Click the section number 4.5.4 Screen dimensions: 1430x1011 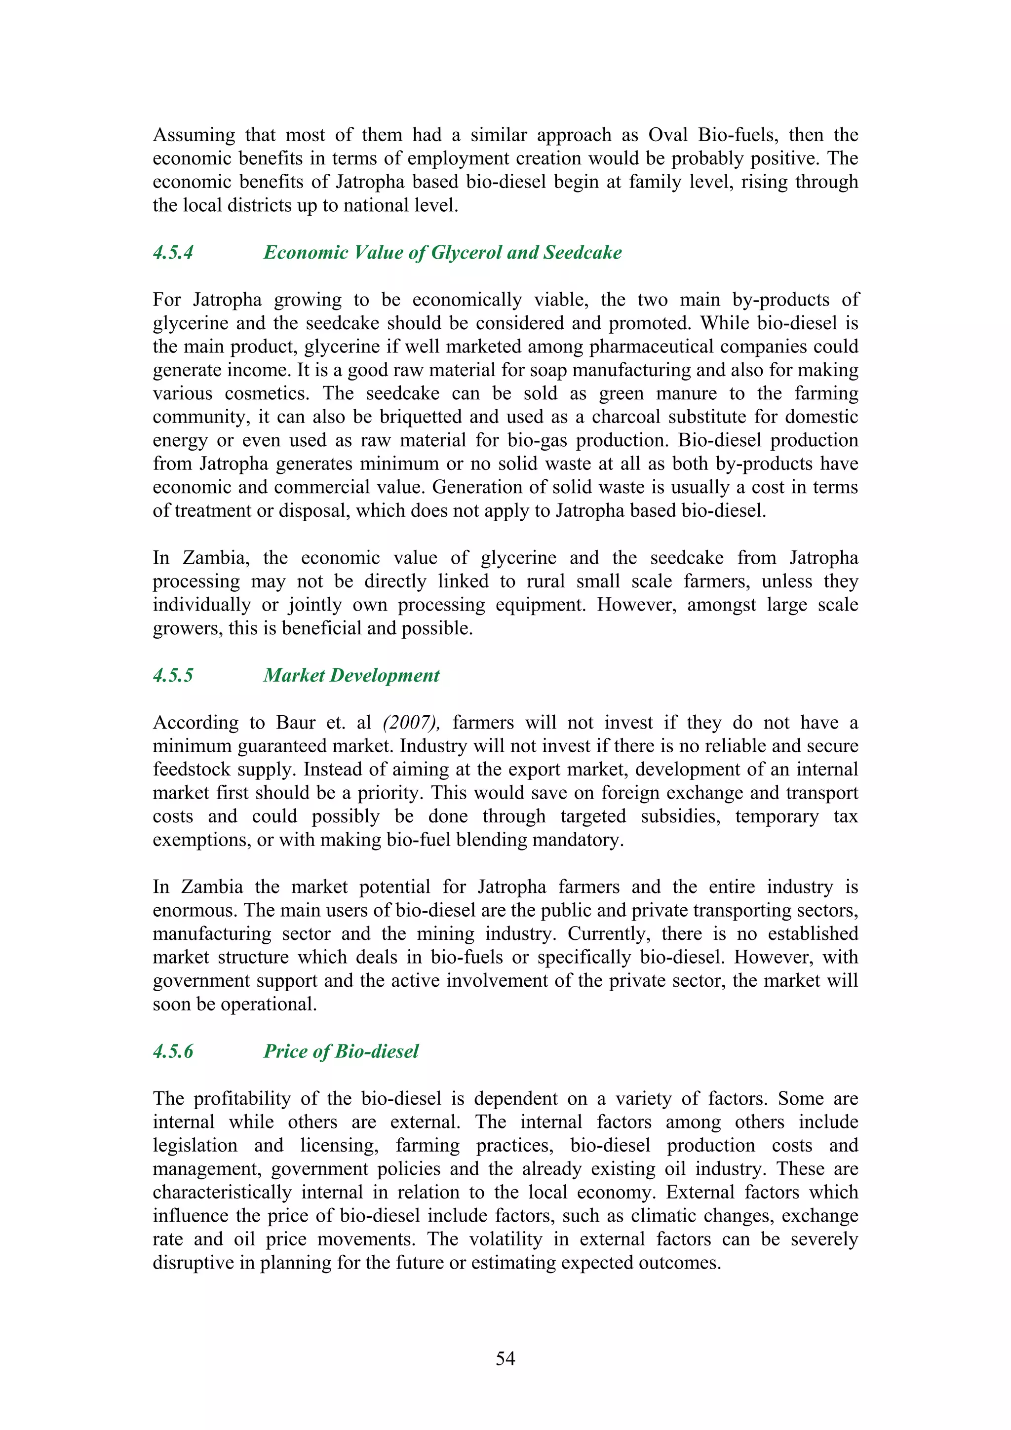[173, 252]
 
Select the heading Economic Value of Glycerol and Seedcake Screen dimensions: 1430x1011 [442, 252]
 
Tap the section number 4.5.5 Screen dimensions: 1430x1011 [173, 675]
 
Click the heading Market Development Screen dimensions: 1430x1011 [351, 675]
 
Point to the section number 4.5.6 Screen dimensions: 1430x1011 [173, 1051]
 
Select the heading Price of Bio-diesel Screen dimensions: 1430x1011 [341, 1051]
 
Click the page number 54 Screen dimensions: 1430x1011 [505, 1358]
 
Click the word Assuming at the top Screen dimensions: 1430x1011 [194, 135]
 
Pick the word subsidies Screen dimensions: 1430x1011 [680, 816]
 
